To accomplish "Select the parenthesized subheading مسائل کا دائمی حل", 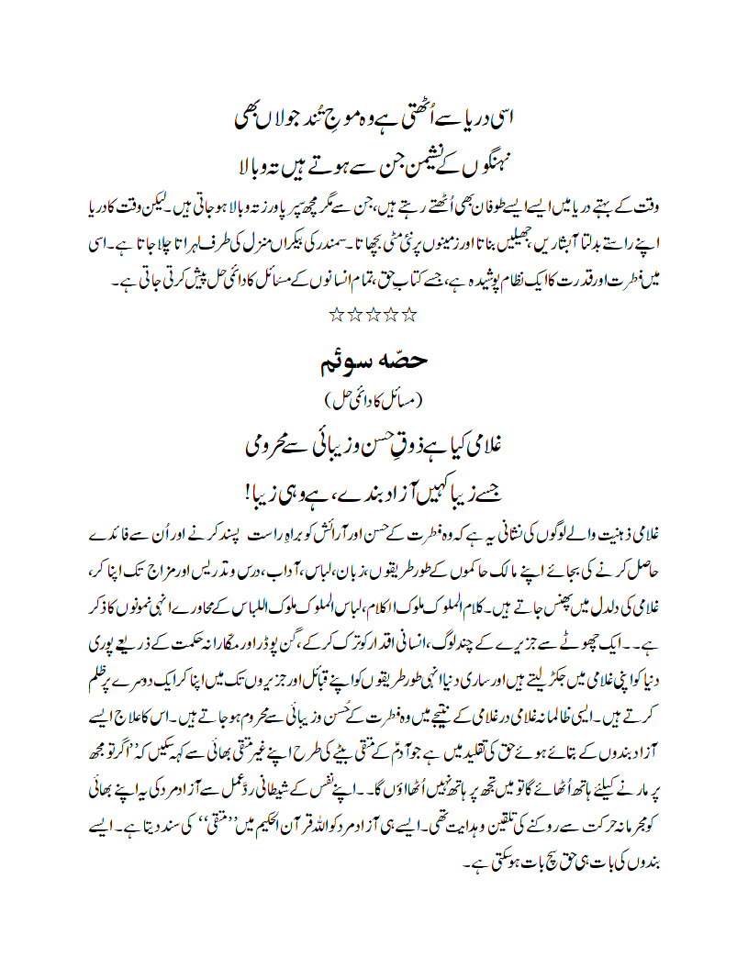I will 374,399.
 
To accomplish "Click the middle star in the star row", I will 374,316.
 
